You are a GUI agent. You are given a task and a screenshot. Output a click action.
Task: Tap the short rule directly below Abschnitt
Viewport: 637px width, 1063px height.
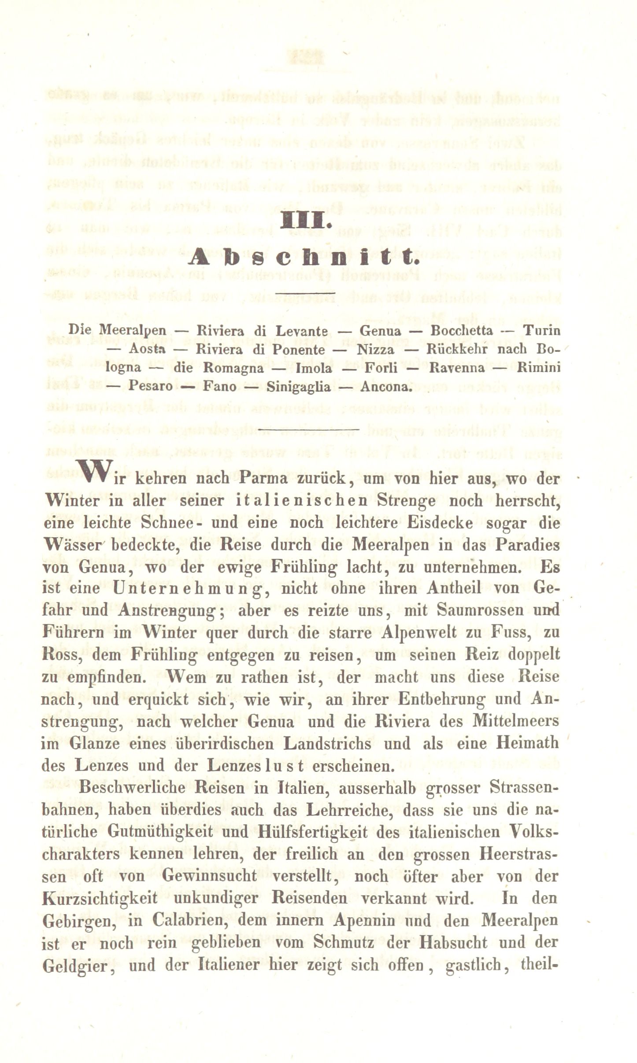[307, 292]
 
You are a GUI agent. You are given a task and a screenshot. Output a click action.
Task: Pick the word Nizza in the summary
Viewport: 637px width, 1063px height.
[375, 350]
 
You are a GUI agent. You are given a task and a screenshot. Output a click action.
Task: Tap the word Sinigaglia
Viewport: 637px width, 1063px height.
[299, 386]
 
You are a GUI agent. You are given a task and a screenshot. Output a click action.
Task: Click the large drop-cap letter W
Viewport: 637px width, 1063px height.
[93, 470]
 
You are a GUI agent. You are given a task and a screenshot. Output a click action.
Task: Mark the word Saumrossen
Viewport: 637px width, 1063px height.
[481, 610]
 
